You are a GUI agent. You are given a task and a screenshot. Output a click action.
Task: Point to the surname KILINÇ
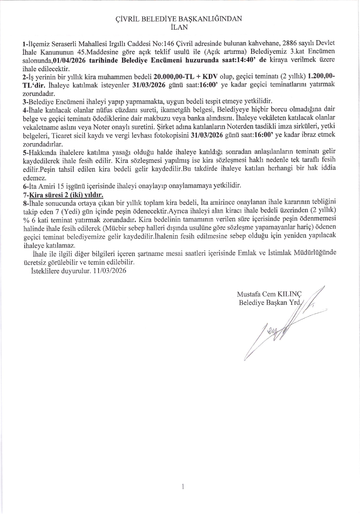(290, 294)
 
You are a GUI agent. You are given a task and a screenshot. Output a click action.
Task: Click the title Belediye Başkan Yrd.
(270, 303)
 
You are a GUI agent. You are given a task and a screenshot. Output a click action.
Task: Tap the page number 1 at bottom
(183, 487)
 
